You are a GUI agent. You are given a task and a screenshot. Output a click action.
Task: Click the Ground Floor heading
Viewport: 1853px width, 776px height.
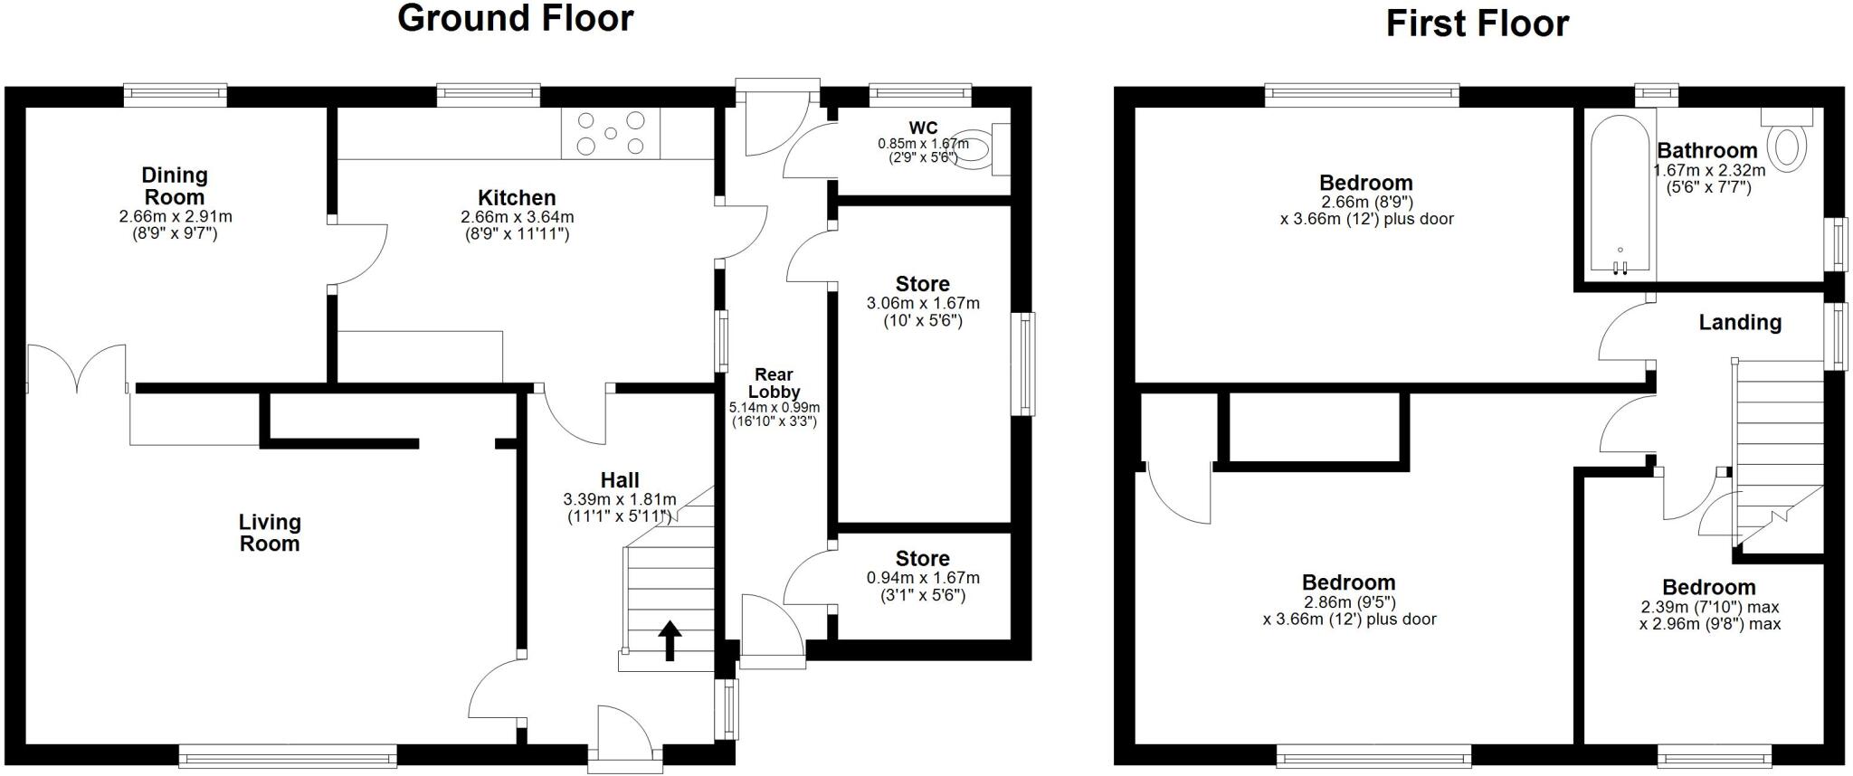515,18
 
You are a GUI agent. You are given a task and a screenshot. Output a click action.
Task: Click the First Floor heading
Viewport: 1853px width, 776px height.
1477,24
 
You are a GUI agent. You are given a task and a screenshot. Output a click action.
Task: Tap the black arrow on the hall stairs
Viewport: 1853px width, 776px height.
669,640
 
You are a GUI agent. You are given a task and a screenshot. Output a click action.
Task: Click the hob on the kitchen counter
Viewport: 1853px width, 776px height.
611,133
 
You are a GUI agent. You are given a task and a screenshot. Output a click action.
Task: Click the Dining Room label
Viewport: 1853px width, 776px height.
175,185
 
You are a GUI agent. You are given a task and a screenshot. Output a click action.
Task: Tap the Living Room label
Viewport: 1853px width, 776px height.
269,533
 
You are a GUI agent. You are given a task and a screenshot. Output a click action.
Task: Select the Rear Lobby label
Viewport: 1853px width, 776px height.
774,383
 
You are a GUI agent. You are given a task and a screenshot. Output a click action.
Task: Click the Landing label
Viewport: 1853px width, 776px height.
1739,322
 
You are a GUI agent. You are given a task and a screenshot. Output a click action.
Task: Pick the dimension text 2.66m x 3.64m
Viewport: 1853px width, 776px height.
517,217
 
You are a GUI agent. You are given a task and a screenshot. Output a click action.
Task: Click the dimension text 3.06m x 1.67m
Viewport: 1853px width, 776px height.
922,303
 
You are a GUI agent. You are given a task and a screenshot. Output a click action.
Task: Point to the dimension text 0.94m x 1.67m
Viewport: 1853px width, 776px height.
922,578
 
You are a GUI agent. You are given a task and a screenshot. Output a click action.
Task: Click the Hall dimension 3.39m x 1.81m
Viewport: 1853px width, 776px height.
619,499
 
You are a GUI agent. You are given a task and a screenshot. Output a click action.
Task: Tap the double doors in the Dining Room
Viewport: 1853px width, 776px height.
77,369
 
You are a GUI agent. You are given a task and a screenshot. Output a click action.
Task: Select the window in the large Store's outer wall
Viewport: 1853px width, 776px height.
1024,364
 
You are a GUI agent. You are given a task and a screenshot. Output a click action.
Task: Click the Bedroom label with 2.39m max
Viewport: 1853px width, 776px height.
1708,587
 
